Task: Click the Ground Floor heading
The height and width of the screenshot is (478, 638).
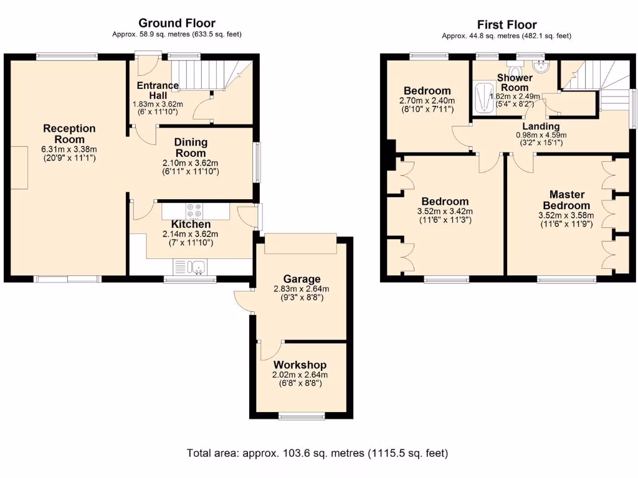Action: click(176, 24)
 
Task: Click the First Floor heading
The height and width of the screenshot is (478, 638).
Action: click(507, 25)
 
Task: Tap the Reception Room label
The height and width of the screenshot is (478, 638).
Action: click(69, 134)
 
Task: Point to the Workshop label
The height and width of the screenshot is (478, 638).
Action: click(300, 365)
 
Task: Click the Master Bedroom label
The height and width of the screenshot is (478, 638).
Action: click(566, 200)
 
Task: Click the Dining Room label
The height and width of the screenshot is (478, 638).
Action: click(191, 148)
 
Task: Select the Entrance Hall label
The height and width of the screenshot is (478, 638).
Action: click(158, 90)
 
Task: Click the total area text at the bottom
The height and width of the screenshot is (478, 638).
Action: click(318, 453)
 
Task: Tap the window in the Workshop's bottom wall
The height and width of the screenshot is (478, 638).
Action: click(302, 416)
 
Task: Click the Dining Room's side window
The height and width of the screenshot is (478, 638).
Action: click(257, 162)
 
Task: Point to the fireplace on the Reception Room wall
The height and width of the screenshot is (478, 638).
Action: click(19, 168)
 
